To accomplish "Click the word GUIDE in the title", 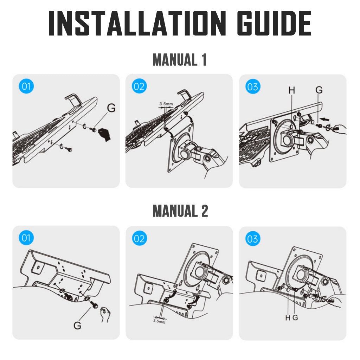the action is pos(274,23).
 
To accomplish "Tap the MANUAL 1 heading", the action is pos(180,60).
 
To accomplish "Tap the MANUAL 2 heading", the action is pos(180,211).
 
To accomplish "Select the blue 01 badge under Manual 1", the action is pos(26,86).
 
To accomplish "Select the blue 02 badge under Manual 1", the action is pos(139,86).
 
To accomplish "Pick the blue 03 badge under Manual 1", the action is pos(252,86).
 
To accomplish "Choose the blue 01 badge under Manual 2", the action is pos(26,238).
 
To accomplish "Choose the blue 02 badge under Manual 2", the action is pos(139,238).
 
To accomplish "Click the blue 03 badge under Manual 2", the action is pos(252,239).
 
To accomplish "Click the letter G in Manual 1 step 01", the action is pos(111,108).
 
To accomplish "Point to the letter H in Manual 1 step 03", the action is pos(291,90).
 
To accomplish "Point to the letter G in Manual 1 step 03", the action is pos(319,90).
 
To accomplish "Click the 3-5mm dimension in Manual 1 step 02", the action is pos(166,104).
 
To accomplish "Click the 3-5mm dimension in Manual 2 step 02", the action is pos(159,321).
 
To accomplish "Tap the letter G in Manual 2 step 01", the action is pos(77,325).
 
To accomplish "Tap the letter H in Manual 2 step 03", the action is pos(288,318).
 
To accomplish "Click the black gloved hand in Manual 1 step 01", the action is pos(104,135).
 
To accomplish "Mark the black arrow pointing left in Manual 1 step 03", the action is pos(324,119).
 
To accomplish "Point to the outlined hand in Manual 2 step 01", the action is pos(105,314).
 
